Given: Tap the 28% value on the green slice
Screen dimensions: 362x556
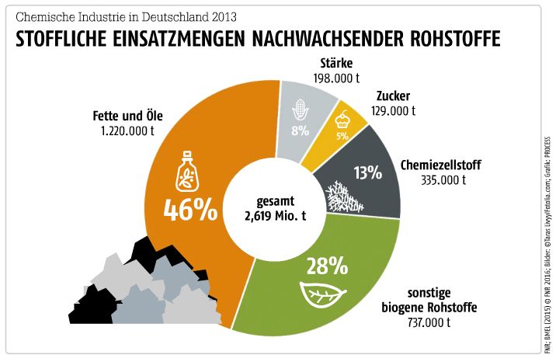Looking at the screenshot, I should pyautogui.click(x=327, y=266).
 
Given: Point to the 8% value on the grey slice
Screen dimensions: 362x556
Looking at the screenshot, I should pyautogui.click(x=300, y=131).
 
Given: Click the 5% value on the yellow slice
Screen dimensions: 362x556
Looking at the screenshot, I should pyautogui.click(x=342, y=135).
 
